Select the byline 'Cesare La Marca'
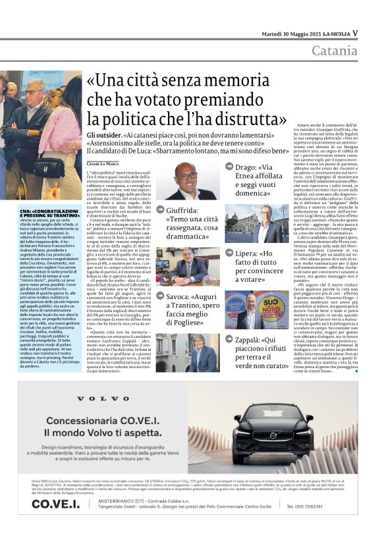click(105, 163)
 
